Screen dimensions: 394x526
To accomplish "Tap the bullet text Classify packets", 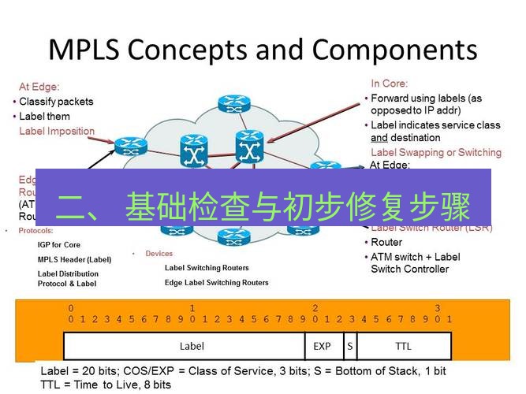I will coord(56,102).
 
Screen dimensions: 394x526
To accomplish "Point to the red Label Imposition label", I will coord(57,131).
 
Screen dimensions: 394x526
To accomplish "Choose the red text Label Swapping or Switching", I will coord(435,152).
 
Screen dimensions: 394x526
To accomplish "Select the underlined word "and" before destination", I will coord(379,138).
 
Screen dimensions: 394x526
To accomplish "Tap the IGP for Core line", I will coord(59,245).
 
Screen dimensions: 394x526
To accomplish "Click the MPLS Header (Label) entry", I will coord(75,259).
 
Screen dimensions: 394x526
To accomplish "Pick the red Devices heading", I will coord(159,254).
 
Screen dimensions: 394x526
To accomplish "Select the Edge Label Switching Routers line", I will coord(216,282).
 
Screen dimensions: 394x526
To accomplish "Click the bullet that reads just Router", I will coord(386,243).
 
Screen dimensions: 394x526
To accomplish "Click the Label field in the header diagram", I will coord(192,346).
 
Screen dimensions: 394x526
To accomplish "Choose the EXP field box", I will coord(322,346).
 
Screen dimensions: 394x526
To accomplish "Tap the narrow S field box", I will coord(349,346).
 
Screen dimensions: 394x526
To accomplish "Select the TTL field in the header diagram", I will coord(402,346).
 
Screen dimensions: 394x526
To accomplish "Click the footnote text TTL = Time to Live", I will coord(106,385).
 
